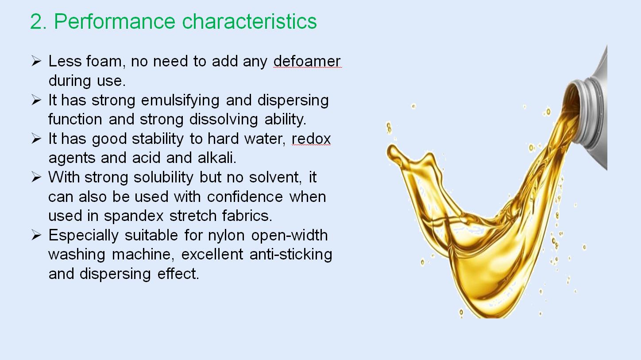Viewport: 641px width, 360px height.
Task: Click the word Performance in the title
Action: (115, 22)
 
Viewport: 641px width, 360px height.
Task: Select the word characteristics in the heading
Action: (250, 21)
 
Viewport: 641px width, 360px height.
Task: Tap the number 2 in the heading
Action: (36, 21)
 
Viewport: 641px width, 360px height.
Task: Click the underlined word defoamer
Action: (307, 61)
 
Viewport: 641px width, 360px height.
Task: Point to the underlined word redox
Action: (311, 139)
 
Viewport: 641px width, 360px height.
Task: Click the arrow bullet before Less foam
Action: (36, 61)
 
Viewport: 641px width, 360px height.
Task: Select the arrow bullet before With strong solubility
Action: (36, 177)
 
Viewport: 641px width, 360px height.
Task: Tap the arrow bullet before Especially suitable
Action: (36, 235)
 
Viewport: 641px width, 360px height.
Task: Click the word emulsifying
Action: (180, 101)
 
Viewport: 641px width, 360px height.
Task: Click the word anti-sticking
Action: (291, 255)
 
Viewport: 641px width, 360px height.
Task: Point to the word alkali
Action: (217, 158)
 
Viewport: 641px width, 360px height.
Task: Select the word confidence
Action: (245, 197)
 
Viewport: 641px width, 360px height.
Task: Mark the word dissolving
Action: (224, 120)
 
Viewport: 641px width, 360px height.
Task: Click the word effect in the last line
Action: (178, 274)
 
